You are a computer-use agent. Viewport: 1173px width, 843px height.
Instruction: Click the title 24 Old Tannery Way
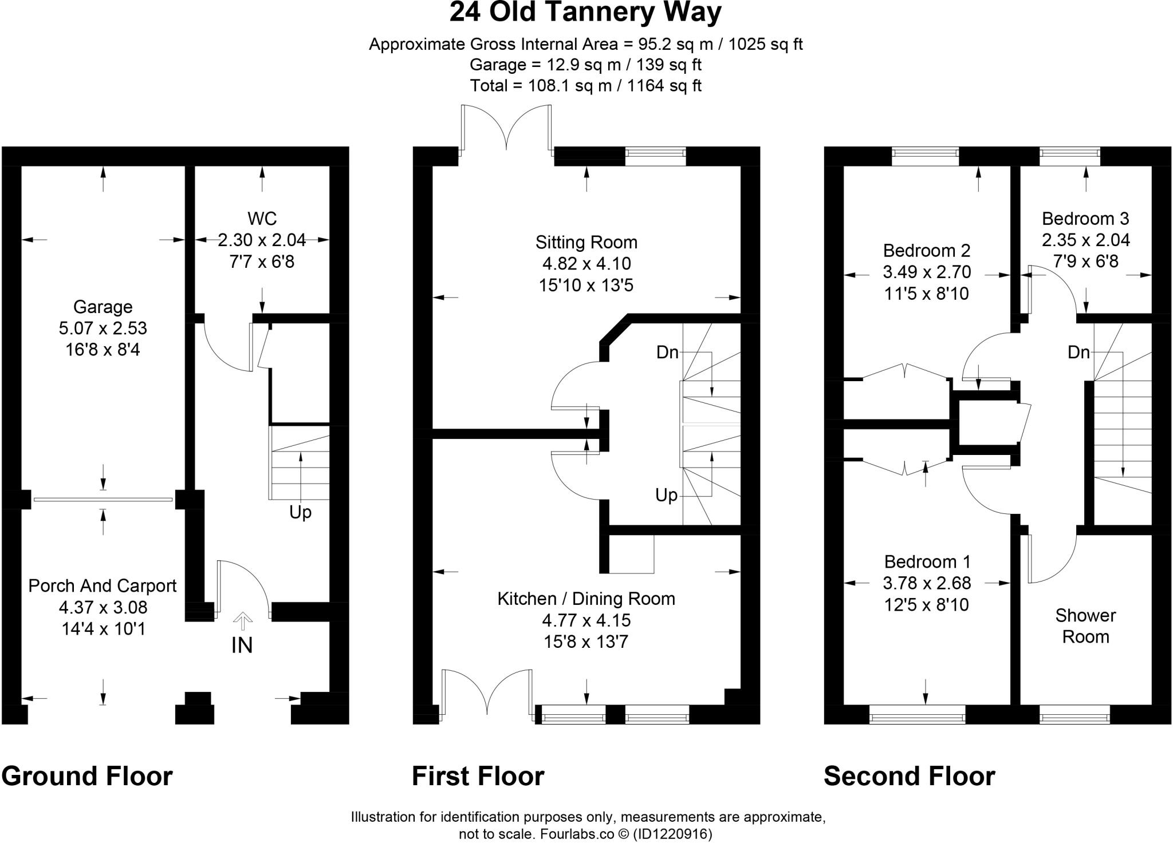click(x=585, y=13)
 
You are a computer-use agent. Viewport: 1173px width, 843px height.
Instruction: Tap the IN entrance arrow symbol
click(x=242, y=620)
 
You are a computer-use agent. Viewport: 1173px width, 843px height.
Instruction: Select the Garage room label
click(x=103, y=307)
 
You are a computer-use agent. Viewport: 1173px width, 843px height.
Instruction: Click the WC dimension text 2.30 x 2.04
click(x=262, y=240)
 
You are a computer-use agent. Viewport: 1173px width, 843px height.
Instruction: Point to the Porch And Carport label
click(x=103, y=586)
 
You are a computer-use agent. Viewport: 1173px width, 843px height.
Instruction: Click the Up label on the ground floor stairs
click(x=300, y=512)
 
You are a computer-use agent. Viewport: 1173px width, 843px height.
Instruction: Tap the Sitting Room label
click(x=586, y=243)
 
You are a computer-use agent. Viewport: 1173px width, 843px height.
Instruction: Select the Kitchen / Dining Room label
click(x=586, y=599)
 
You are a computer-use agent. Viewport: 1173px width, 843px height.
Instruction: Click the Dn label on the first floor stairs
click(x=667, y=353)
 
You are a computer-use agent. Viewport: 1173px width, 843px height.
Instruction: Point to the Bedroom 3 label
click(x=1085, y=219)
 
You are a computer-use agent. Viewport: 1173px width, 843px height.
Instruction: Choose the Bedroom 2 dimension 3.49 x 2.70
click(x=927, y=272)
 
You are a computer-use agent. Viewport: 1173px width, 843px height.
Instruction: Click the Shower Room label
click(x=1085, y=626)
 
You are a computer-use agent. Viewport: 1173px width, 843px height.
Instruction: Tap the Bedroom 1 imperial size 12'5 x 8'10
click(x=927, y=605)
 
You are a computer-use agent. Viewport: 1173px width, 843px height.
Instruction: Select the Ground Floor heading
click(x=87, y=777)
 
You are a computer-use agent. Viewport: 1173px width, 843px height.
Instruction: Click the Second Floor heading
click(x=910, y=777)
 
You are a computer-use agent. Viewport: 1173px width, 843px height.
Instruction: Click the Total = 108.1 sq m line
click(x=585, y=86)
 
